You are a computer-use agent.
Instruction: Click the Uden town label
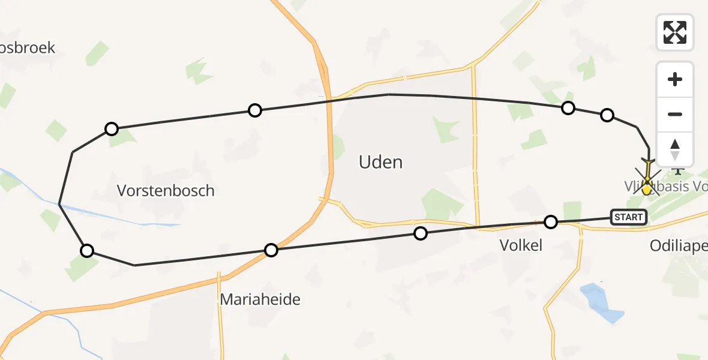click(x=380, y=162)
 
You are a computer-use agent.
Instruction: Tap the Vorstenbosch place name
click(x=166, y=191)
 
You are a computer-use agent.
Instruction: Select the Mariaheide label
click(x=260, y=299)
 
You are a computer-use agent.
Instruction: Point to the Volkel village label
click(x=521, y=245)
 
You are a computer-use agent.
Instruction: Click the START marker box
click(x=629, y=217)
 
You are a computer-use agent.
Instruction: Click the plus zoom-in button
click(x=675, y=79)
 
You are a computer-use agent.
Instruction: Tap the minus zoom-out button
click(x=675, y=114)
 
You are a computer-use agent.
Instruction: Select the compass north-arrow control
click(x=675, y=149)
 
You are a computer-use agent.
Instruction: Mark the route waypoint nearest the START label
click(x=550, y=222)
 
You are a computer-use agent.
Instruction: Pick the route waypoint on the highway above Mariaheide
click(x=271, y=250)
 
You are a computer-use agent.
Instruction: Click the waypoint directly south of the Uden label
click(x=421, y=233)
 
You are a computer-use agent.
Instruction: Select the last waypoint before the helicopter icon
click(x=607, y=115)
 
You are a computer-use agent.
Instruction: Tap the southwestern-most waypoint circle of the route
click(x=87, y=251)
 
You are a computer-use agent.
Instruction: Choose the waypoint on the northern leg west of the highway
click(x=255, y=110)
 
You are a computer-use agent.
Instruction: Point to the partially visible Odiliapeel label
click(x=678, y=246)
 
